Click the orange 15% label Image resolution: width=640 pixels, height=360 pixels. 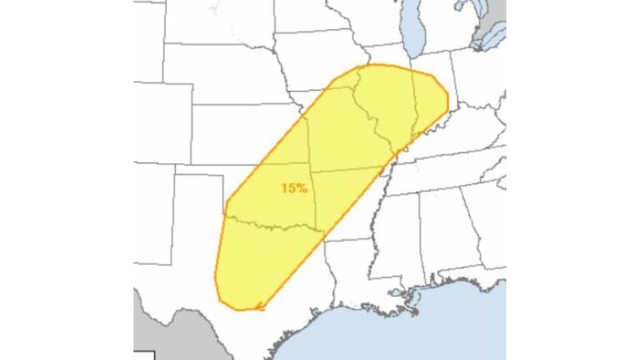click(293, 188)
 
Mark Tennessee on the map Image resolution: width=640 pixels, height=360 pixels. click(442, 174)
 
